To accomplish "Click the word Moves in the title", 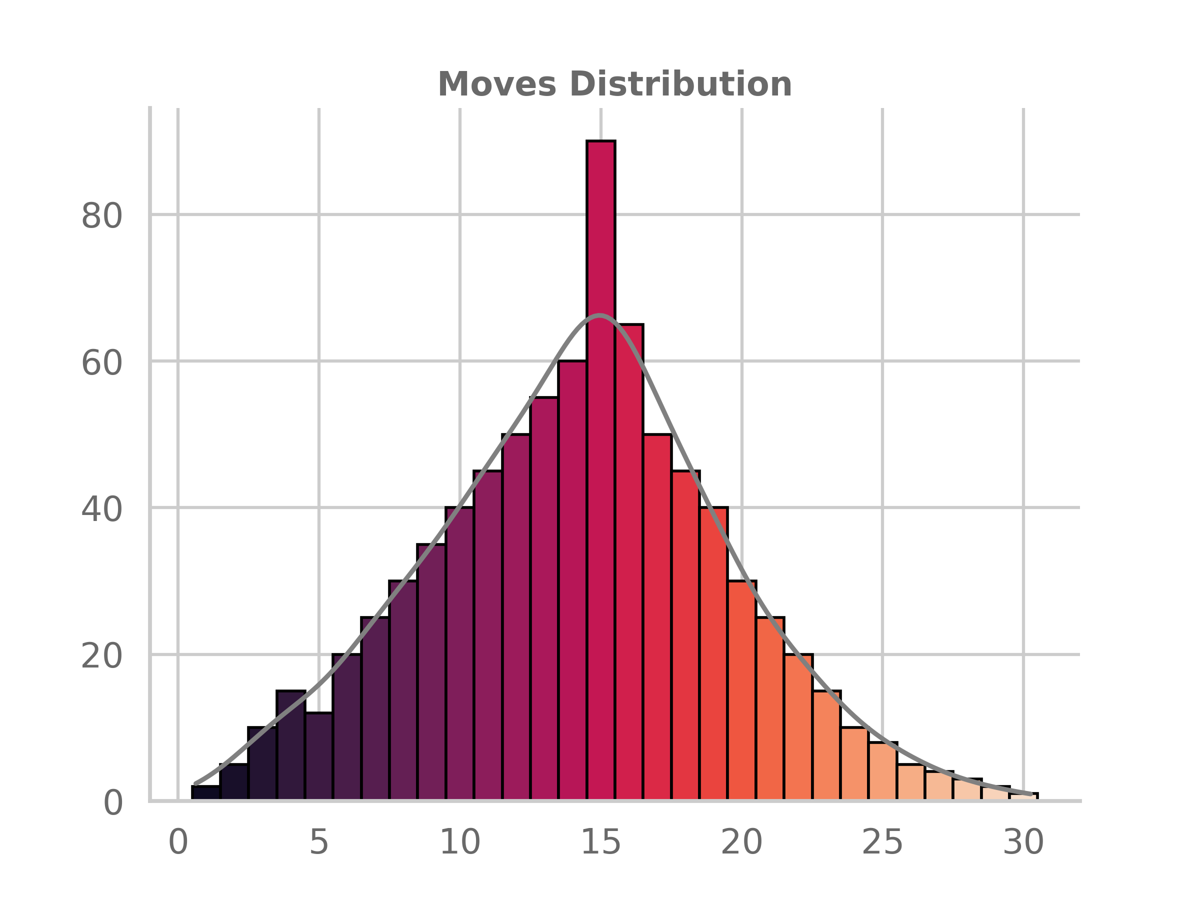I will tap(497, 84).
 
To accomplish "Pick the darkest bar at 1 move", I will tap(205, 792).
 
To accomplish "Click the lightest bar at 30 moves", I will tap(1023, 796).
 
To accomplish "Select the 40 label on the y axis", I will tap(101, 509).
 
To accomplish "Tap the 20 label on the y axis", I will tap(101, 656).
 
